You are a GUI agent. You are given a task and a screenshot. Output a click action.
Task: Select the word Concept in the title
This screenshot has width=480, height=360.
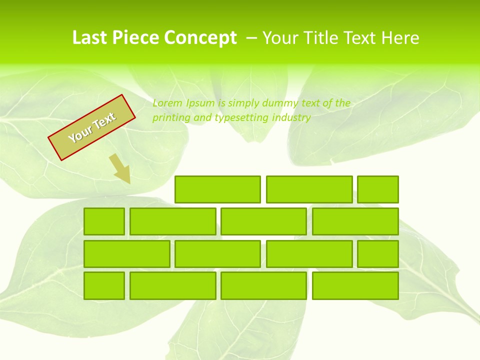tap(200, 38)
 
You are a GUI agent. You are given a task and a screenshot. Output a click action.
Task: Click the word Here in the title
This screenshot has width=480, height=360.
tap(400, 38)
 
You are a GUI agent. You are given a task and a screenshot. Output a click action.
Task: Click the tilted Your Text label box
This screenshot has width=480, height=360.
tap(92, 127)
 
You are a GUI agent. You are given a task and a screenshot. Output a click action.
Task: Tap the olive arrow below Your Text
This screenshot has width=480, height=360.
tap(120, 168)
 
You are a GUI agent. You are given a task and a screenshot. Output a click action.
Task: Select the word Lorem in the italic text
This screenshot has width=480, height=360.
tap(167, 103)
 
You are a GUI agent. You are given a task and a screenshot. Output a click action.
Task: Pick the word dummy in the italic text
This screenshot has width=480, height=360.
tap(265, 103)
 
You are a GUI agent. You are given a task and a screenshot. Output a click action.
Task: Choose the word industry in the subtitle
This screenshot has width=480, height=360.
tap(292, 118)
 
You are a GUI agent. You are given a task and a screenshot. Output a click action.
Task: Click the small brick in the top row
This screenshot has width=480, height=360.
tap(378, 189)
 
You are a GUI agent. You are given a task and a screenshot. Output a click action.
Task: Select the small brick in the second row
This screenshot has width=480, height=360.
tap(104, 221)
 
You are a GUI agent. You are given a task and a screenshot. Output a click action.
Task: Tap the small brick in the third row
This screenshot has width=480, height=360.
tap(378, 254)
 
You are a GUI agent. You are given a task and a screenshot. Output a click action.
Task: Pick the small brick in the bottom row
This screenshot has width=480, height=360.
tap(104, 285)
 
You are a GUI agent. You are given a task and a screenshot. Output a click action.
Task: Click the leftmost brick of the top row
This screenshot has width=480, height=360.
tap(217, 189)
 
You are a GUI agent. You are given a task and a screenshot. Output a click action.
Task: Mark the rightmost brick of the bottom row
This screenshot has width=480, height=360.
tap(355, 285)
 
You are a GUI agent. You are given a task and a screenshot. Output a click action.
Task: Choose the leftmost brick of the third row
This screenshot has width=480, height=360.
tap(126, 254)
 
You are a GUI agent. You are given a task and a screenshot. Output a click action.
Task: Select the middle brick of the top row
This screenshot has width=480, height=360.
tap(309, 189)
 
